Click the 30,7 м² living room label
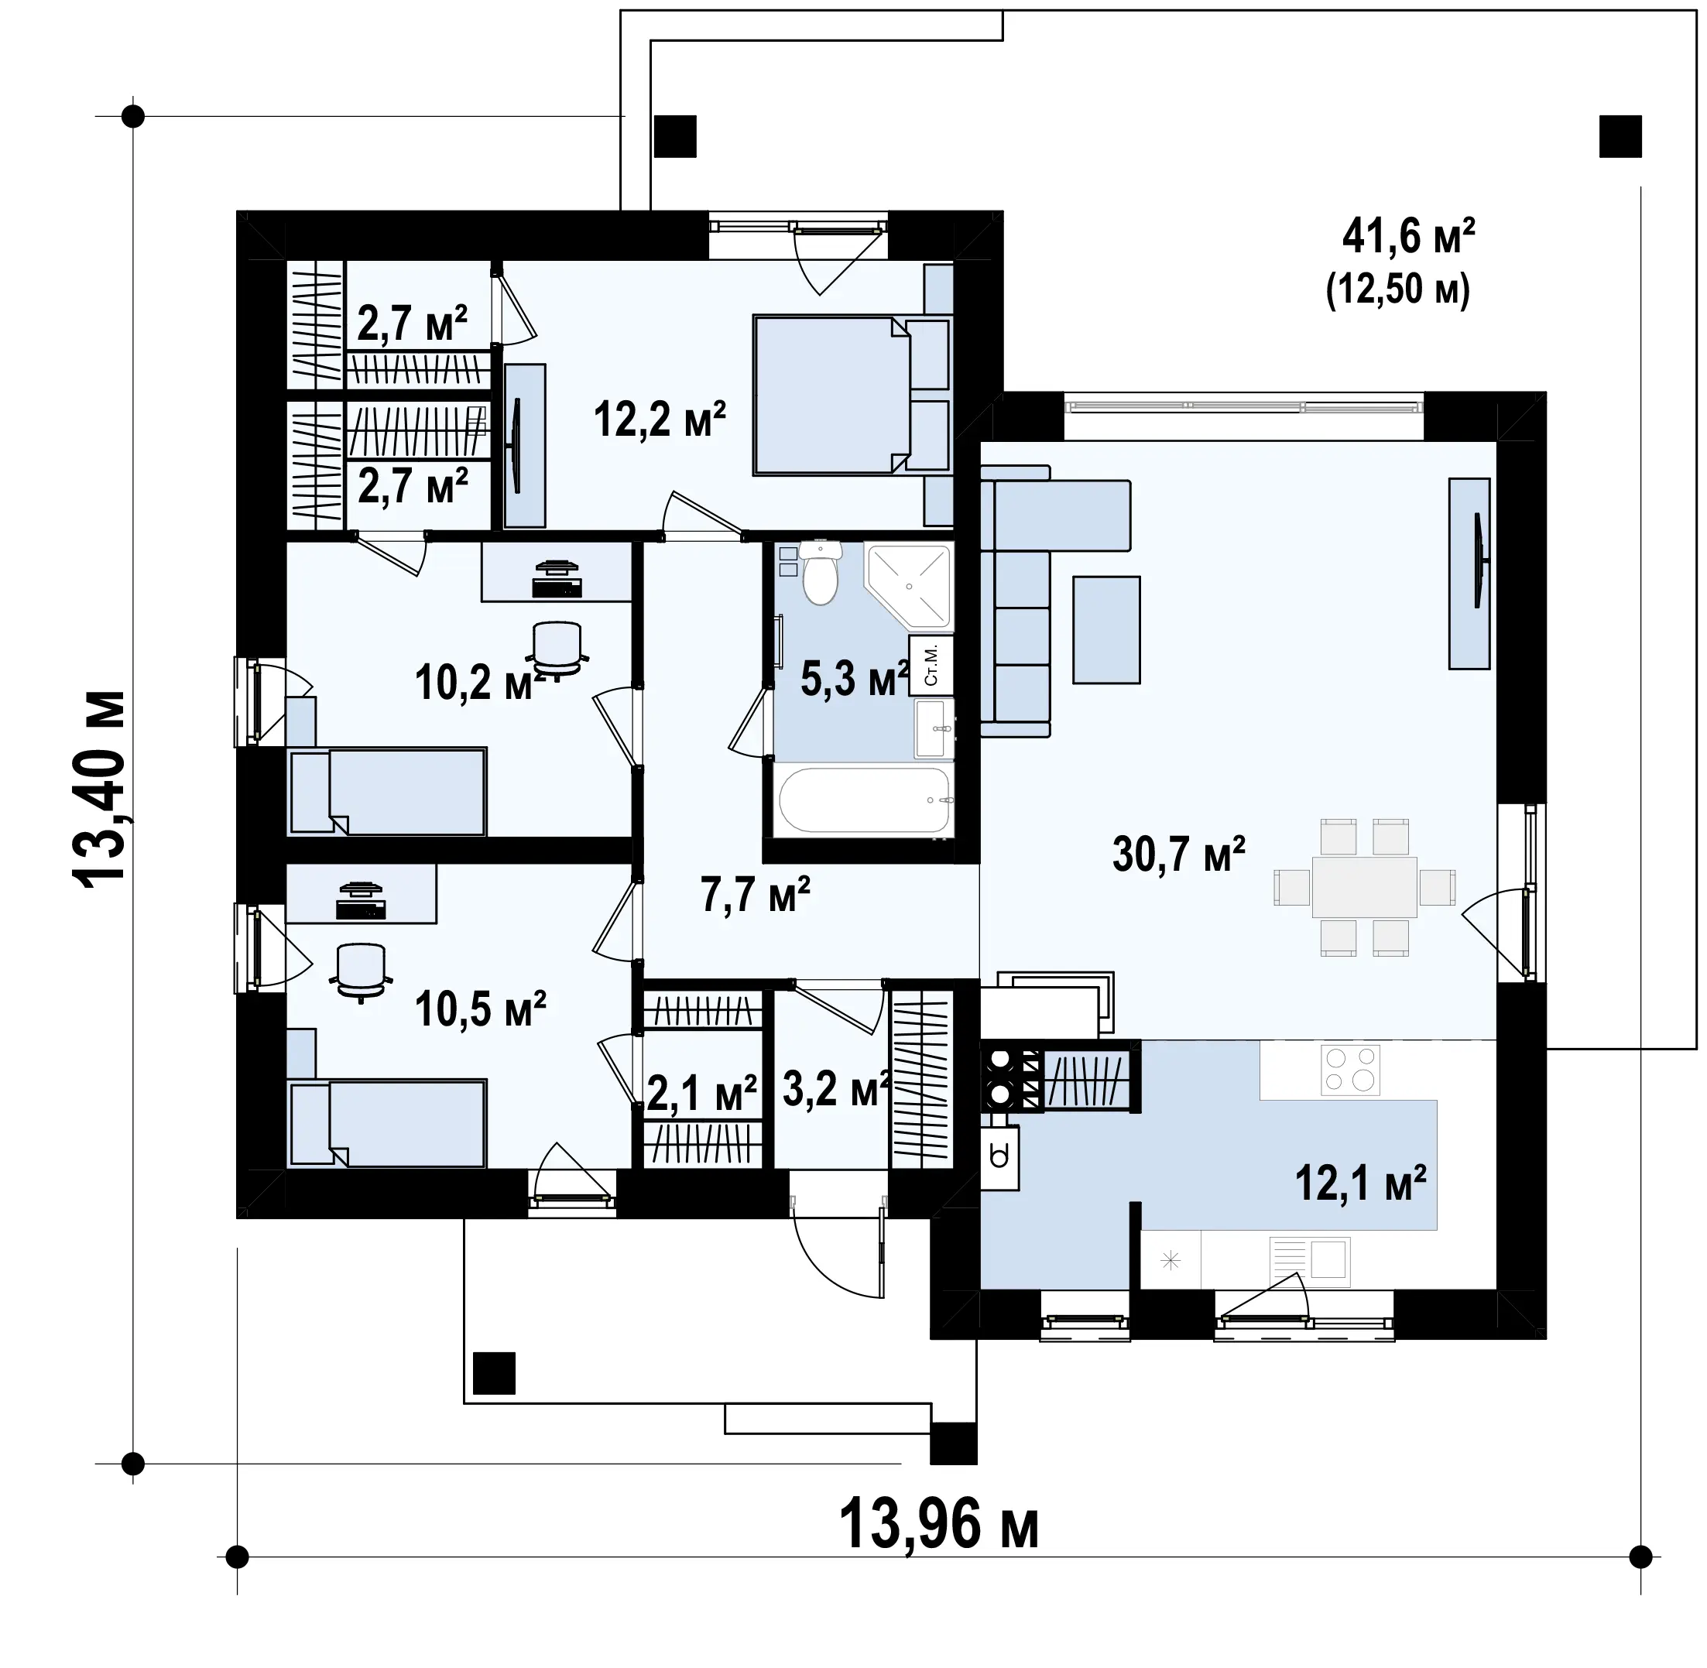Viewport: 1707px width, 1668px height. [x=1178, y=855]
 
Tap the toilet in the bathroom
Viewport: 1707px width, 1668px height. [x=820, y=573]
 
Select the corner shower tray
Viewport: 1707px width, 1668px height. [x=909, y=585]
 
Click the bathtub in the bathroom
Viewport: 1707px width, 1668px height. [x=864, y=800]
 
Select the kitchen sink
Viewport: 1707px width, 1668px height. [x=1311, y=1261]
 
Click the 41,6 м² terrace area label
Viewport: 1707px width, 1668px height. [x=1409, y=237]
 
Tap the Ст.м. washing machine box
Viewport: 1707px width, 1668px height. [x=931, y=665]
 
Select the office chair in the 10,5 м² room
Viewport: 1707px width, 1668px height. [x=360, y=971]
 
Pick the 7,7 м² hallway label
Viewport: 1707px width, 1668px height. [x=756, y=895]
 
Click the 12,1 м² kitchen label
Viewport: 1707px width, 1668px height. [x=1361, y=1183]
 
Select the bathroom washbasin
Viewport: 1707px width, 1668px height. [x=934, y=728]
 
